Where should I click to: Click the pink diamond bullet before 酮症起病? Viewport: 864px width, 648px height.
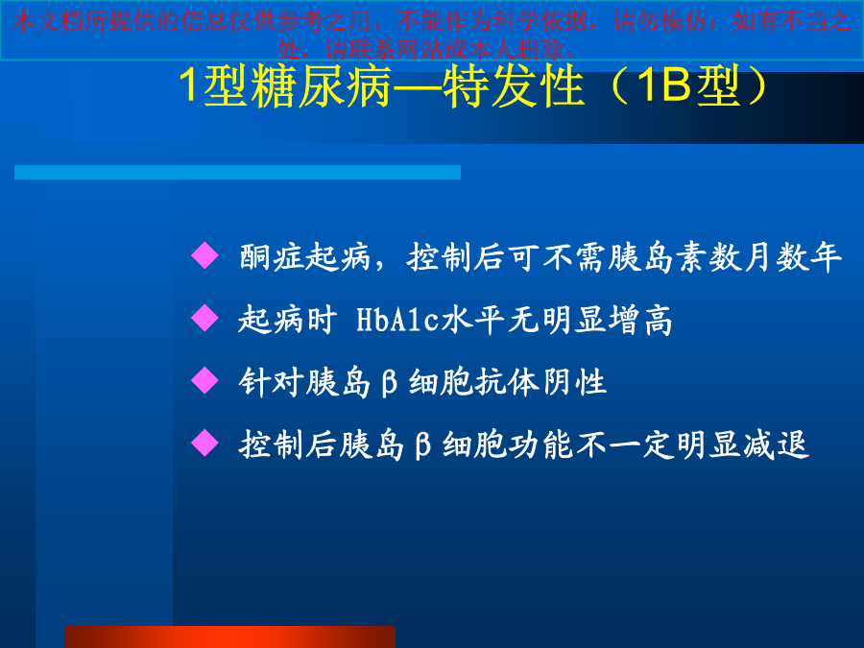pyautogui.click(x=205, y=255)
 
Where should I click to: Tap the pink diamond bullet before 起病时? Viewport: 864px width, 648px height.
pyautogui.click(x=205, y=318)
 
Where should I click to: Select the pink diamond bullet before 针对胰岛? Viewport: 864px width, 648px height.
pyautogui.click(x=205, y=381)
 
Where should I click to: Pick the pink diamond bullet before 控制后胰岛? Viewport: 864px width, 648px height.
pyautogui.click(x=205, y=443)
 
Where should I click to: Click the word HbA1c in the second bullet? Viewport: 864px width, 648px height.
pyautogui.click(x=397, y=319)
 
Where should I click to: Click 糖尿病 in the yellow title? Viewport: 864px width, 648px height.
pyautogui.click(x=322, y=86)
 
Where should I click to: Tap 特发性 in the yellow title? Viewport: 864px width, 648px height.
pyautogui.click(x=513, y=86)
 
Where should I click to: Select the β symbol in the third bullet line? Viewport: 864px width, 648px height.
pyautogui.click(x=389, y=383)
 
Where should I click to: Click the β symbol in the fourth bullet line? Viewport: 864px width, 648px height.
pyautogui.click(x=422, y=445)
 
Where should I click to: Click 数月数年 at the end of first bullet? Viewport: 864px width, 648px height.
pyautogui.click(x=776, y=256)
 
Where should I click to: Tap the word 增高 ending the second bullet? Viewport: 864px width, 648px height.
pyautogui.click(x=640, y=320)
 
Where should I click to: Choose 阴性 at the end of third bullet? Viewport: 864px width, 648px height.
pyautogui.click(x=575, y=382)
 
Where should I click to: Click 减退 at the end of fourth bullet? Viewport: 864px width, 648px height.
pyautogui.click(x=777, y=444)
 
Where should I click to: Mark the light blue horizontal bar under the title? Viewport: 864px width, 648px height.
pyautogui.click(x=237, y=172)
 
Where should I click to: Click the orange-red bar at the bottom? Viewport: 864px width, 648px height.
pyautogui.click(x=229, y=637)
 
